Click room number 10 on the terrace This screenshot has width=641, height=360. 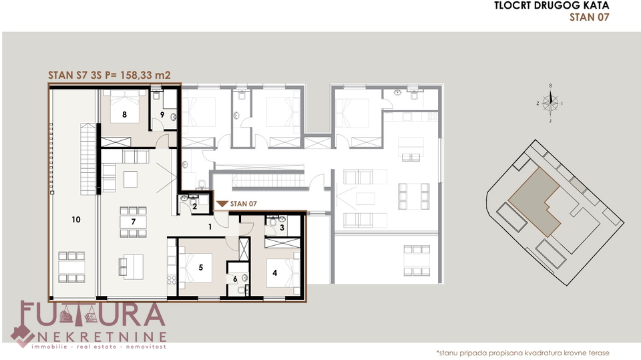tap(76, 220)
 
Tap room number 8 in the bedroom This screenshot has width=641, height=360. tap(125, 115)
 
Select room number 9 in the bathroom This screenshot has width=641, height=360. tap(162, 115)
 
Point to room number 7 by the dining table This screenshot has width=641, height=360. tap(134, 222)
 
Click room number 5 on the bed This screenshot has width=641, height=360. tap(201, 268)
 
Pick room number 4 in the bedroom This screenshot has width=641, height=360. tap(274, 273)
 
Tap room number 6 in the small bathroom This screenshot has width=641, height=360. tap(235, 279)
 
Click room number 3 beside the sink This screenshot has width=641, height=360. tap(282, 228)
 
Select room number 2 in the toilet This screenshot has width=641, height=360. tap(194, 206)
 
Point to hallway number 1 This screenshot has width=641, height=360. tap(210, 226)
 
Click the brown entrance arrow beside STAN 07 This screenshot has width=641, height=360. tap(222, 204)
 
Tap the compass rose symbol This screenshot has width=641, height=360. tap(550, 103)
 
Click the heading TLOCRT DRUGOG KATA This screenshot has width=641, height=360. tap(552, 5)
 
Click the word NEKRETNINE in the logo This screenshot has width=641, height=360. tap(102, 337)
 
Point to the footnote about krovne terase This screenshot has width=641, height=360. tap(523, 353)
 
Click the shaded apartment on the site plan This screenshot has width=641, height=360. tap(535, 201)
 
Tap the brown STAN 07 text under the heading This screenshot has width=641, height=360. tap(589, 17)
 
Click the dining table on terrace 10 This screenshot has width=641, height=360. tap(71, 267)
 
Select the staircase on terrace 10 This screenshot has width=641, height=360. tap(88, 159)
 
